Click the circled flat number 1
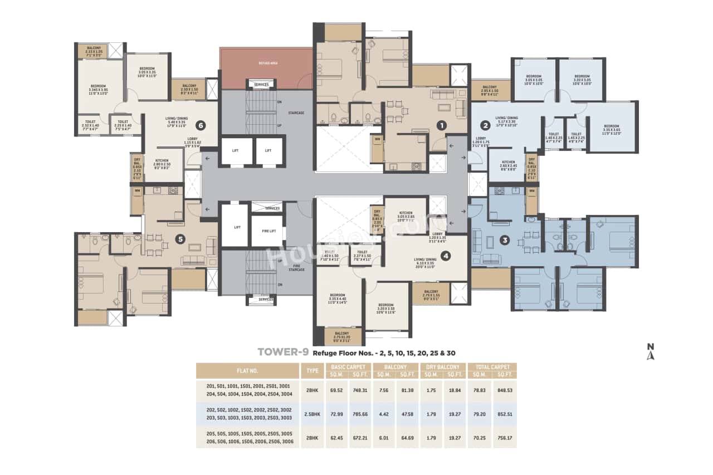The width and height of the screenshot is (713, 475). coord(441,125)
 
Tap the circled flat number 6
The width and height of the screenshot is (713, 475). coord(200,125)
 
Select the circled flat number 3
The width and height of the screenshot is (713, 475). coord(505,241)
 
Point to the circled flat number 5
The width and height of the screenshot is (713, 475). coord(179,239)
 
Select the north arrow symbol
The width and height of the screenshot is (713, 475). coord(649,352)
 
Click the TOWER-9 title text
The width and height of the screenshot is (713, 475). coord(282,352)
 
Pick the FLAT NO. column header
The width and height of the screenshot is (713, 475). coord(247,371)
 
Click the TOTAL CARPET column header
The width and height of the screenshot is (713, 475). coord(492,367)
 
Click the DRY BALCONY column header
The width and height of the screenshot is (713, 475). coord(443,367)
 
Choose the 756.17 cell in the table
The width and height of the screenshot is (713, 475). coord(505,438)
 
